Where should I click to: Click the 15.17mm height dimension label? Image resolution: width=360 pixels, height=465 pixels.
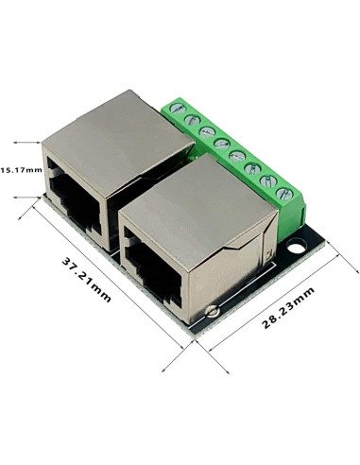21,170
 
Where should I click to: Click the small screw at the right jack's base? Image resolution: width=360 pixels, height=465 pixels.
216,308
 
